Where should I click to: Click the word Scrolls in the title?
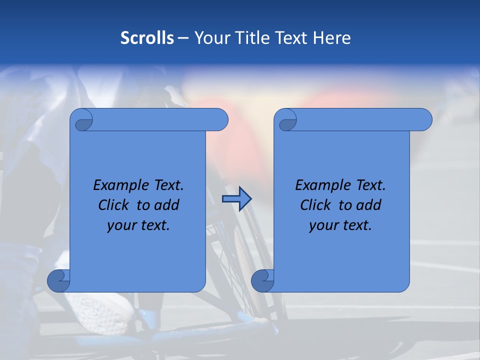point(147,38)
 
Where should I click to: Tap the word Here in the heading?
point(332,38)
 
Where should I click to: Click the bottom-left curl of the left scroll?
point(58,281)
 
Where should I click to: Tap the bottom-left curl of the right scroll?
point(262,281)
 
